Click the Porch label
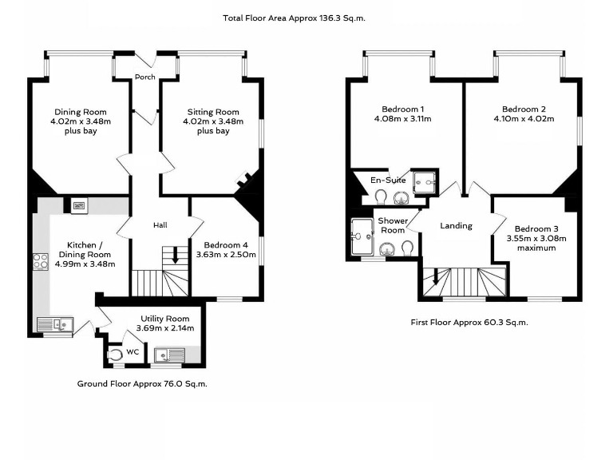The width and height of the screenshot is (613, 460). tap(145, 77)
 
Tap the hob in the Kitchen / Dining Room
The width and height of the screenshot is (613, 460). tap(41, 261)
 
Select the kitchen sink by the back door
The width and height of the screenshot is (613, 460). tap(55, 324)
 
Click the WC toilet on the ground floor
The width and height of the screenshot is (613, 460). tap(115, 354)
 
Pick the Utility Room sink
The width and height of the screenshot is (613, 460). tap(170, 355)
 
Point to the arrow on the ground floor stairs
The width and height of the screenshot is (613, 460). tap(175, 256)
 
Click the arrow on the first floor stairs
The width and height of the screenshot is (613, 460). tap(435, 277)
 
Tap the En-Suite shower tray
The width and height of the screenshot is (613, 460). tap(424, 182)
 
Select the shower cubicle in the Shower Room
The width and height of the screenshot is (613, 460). tap(362, 237)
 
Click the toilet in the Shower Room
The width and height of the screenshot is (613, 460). tap(407, 248)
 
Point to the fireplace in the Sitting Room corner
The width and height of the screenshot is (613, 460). tap(244, 179)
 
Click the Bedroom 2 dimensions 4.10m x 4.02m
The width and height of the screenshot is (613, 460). tap(524, 119)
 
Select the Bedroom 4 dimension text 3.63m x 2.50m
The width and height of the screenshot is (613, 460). tap(226, 255)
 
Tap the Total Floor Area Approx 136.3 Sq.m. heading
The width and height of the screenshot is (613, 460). tap(294, 18)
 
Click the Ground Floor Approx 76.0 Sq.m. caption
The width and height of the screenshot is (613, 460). tap(142, 383)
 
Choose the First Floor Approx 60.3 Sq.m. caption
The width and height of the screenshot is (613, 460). tap(469, 323)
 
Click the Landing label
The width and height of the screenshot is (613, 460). tap(457, 226)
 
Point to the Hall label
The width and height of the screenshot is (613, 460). tap(160, 225)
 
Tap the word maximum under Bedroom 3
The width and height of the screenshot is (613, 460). tap(536, 248)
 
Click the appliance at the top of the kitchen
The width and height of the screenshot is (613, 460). tap(79, 206)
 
